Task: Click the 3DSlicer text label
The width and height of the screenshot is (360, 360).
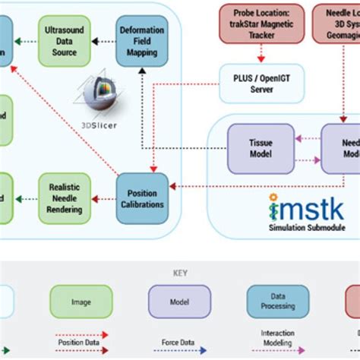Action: point(99,125)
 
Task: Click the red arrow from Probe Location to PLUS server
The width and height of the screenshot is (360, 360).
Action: point(261,55)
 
